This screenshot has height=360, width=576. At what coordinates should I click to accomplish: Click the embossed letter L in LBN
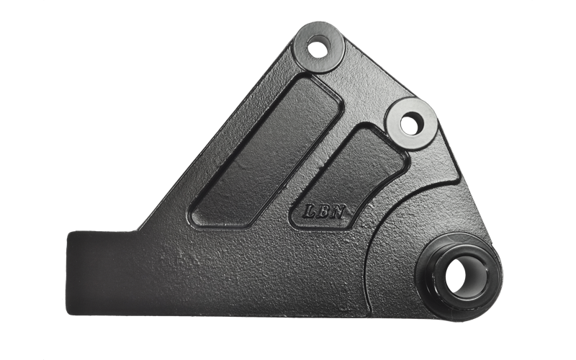tap(310, 212)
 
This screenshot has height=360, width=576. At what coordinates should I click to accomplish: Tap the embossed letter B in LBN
tap(324, 212)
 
